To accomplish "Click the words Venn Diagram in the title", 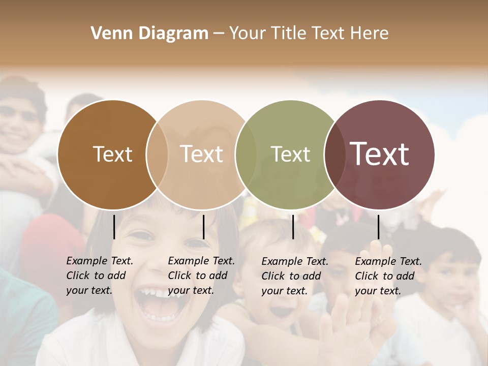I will [x=149, y=33].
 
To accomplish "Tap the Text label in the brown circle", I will [x=112, y=154].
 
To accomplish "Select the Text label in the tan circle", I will [x=201, y=154].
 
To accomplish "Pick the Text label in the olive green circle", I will [x=290, y=154].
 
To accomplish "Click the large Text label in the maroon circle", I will [x=379, y=154].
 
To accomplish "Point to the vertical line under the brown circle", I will [x=114, y=227].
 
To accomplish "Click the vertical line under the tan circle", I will [x=203, y=227].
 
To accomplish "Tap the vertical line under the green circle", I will [x=293, y=227].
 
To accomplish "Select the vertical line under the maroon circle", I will [x=378, y=227].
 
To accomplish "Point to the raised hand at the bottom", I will [x=363, y=315].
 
